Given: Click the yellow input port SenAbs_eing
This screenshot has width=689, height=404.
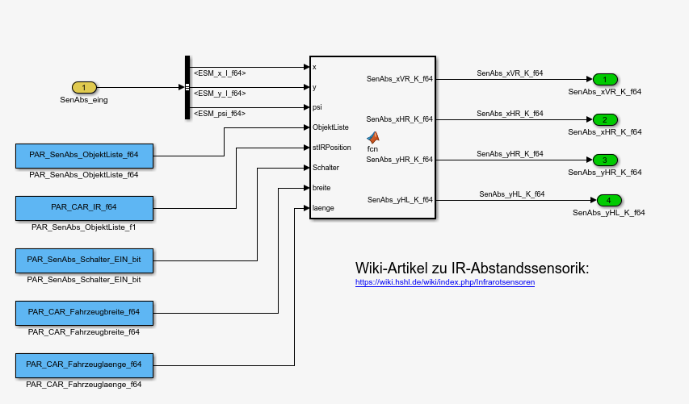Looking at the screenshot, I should pyautogui.click(x=84, y=87).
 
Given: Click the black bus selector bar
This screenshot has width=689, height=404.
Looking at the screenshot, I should pyautogui.click(x=187, y=87).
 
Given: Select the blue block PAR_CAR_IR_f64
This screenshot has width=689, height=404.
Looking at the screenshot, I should pyautogui.click(x=84, y=207).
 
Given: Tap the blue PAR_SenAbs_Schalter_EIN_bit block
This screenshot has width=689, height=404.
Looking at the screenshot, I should pyautogui.click(x=84, y=260).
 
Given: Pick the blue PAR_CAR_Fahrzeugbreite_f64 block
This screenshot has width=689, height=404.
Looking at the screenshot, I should pyautogui.click(x=84, y=311).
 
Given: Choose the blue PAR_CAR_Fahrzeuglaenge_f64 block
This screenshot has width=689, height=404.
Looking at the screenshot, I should pyautogui.click(x=84, y=364).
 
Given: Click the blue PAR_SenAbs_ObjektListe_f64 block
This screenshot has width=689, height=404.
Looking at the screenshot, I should pyautogui.click(x=84, y=155).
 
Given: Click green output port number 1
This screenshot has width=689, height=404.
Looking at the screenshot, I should pyautogui.click(x=604, y=79).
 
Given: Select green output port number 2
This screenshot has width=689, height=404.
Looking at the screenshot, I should pyautogui.click(x=604, y=119).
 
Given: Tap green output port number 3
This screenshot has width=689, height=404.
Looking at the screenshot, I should pyautogui.click(x=604, y=160).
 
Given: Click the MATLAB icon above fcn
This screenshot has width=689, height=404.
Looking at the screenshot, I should pyautogui.click(x=372, y=137).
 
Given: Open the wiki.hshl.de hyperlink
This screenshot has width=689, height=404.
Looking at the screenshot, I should pyautogui.click(x=445, y=282).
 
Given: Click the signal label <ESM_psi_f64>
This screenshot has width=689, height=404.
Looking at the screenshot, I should pyautogui.click(x=220, y=114).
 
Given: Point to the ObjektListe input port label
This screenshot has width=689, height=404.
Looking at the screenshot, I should pyautogui.click(x=330, y=127).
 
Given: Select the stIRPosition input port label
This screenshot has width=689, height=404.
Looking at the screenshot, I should pyautogui.click(x=332, y=148).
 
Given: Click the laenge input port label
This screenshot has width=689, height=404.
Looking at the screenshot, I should pyautogui.click(x=324, y=208).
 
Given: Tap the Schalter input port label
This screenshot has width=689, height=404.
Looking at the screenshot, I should pyautogui.click(x=326, y=168).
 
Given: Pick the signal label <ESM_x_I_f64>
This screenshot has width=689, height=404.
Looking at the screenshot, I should pyautogui.click(x=220, y=73).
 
